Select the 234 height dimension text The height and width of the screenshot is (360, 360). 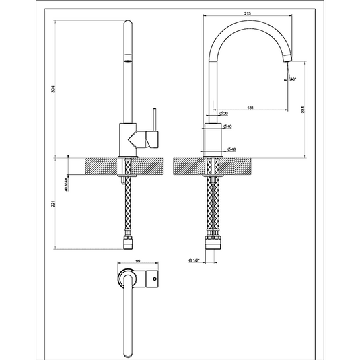point(304,111)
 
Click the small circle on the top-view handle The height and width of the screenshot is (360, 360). point(155,277)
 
